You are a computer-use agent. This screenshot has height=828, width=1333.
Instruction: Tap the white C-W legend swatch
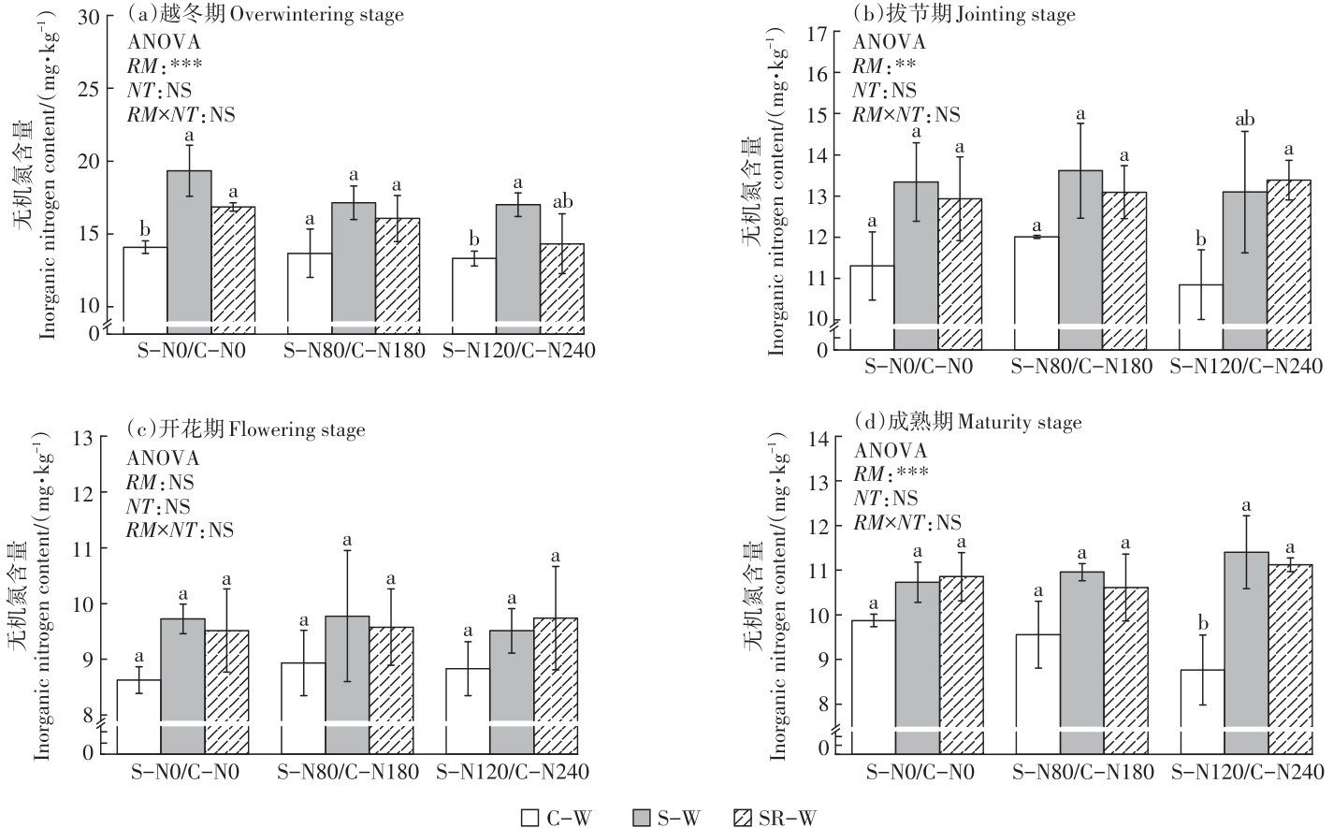530,817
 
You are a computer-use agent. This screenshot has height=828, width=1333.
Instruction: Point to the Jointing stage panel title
964,14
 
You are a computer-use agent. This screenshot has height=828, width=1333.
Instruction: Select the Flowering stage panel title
246,430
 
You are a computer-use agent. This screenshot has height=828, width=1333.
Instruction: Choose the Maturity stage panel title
967,423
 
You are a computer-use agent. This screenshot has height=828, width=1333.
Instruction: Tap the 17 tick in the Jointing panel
817,33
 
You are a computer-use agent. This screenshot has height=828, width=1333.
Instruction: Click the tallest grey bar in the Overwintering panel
189,248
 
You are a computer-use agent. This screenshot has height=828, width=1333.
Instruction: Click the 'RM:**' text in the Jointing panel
883,65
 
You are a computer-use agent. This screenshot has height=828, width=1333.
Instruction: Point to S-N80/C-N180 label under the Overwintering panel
355,351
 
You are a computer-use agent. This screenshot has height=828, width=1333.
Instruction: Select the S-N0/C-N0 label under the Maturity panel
919,773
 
